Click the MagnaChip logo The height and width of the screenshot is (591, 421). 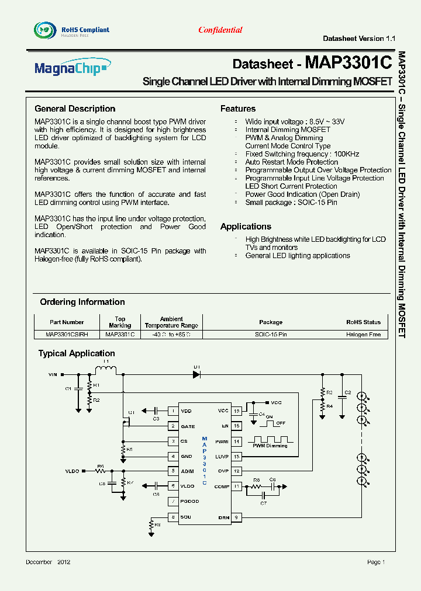70,69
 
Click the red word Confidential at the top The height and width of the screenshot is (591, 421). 220,30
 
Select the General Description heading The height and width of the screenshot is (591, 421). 75,109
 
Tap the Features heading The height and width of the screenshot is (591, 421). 237,109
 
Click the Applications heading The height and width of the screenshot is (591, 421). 246,227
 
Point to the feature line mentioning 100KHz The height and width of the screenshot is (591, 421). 302,154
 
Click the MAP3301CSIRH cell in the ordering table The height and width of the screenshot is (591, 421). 67,335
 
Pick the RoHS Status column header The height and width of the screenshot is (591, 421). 363,322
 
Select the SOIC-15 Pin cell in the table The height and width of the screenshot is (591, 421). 271,335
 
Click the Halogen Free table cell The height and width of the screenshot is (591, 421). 363,335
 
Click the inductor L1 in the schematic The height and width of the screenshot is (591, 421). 105,370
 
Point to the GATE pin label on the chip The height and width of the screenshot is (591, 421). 188,426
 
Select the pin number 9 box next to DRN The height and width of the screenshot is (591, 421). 236,517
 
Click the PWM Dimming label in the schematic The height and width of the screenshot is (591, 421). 270,446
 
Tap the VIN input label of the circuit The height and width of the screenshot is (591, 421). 53,374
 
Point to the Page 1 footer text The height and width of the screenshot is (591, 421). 375,562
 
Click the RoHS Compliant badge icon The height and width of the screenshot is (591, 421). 43,29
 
